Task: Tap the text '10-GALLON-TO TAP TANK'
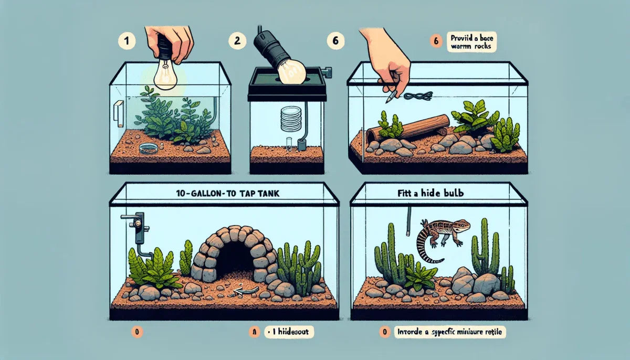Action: point(226,193)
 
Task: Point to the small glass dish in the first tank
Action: point(148,150)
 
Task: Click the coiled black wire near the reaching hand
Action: point(420,96)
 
